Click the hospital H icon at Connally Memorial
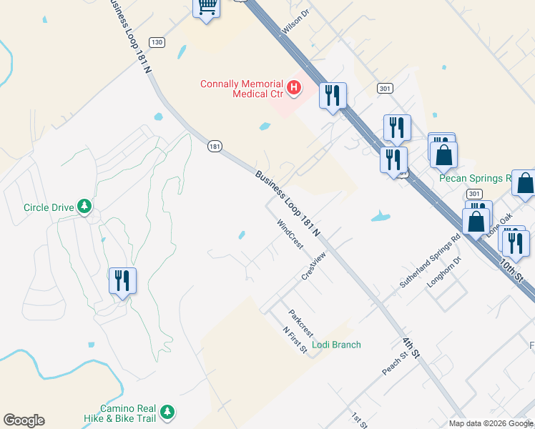(x=293, y=88)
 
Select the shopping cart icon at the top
(x=207, y=7)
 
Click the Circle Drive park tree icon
(x=85, y=207)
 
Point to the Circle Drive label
(x=49, y=207)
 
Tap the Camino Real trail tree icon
(x=167, y=411)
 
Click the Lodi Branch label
(x=336, y=345)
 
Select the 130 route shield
(x=157, y=43)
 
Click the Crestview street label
(x=314, y=265)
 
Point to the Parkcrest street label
(x=301, y=323)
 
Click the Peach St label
(x=394, y=363)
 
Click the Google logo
(x=24, y=420)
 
